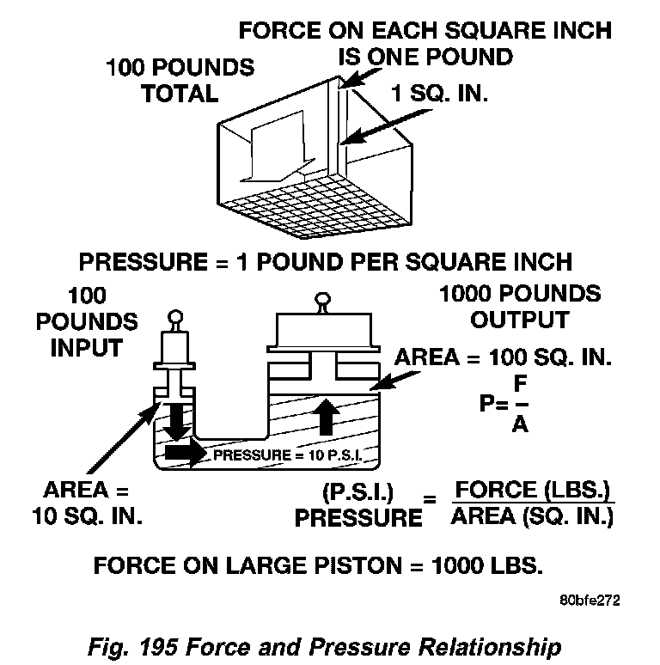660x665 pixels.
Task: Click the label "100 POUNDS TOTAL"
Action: (x=180, y=80)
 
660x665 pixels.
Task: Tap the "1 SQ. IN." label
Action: (x=439, y=93)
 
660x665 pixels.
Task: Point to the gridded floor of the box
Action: (x=317, y=210)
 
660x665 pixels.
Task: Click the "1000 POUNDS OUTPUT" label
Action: (x=519, y=307)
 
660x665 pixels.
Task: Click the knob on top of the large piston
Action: (x=322, y=301)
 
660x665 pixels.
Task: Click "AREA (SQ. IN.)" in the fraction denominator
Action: (x=533, y=517)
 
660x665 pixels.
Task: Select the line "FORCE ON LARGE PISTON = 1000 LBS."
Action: (x=318, y=567)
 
